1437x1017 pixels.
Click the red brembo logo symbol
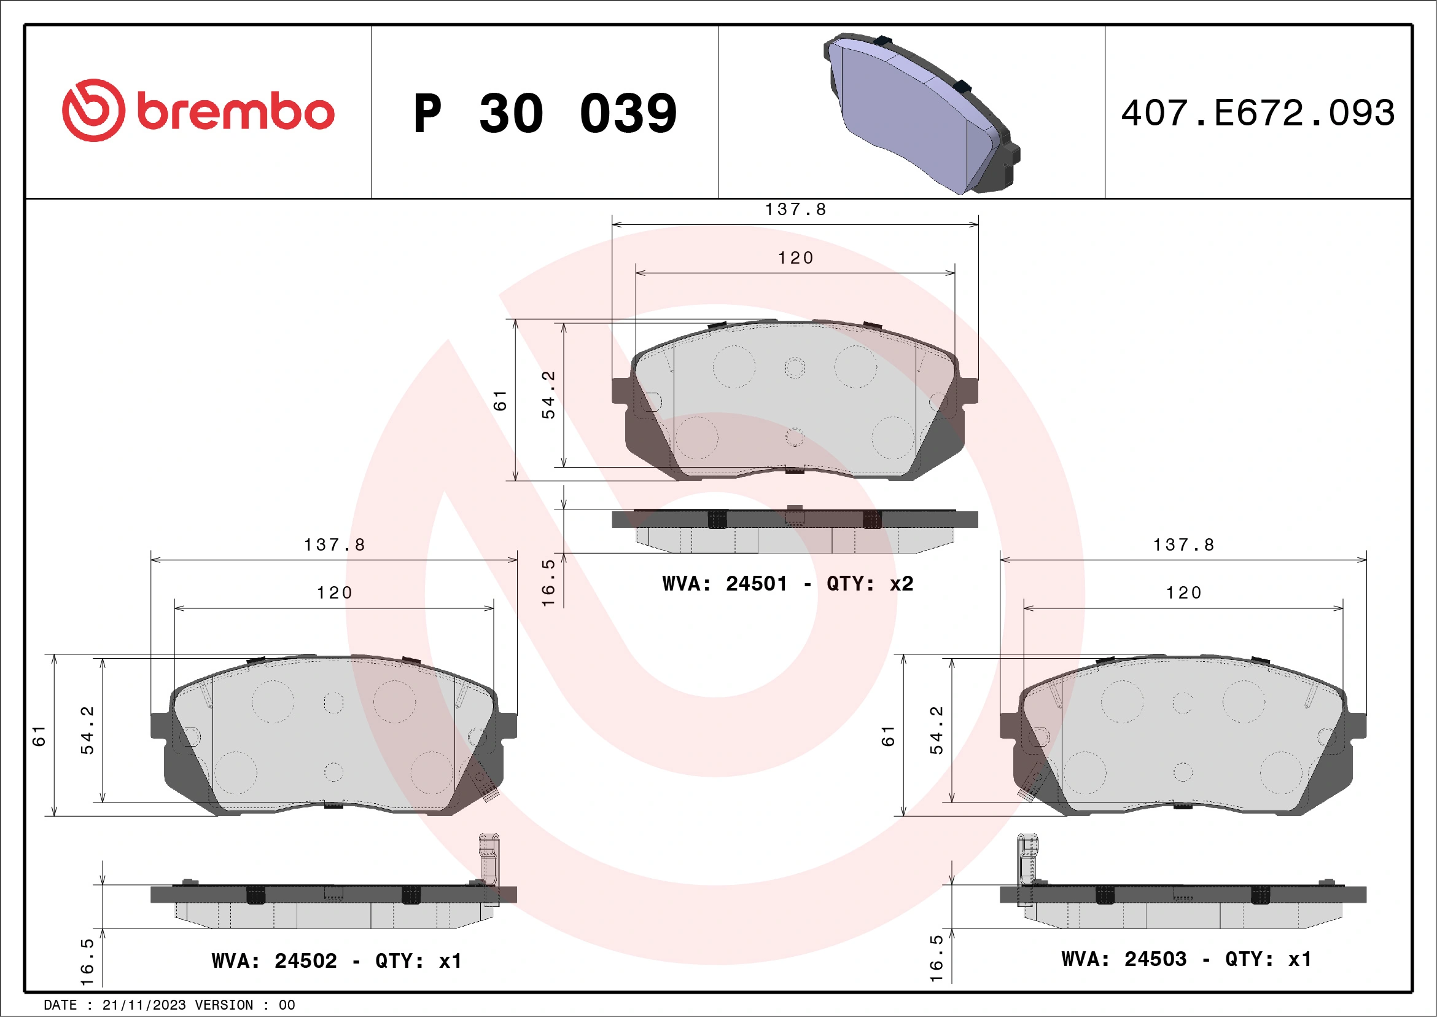click(93, 110)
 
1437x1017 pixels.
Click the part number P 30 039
click(545, 113)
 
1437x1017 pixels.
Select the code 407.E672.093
click(1258, 113)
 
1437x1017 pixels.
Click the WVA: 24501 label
click(724, 584)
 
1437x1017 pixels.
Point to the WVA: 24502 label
click(274, 960)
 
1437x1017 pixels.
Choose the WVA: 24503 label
click(1123, 959)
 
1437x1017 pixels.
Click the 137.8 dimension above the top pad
click(795, 209)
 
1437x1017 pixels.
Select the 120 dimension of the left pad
click(334, 592)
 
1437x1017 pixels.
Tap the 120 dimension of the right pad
click(1183, 592)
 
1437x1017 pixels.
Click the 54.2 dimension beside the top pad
click(548, 395)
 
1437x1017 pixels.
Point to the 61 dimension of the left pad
click(39, 736)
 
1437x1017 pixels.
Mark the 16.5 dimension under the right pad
click(936, 957)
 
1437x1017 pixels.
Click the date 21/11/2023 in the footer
click(144, 1005)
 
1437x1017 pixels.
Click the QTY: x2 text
click(870, 584)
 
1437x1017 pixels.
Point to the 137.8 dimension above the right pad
click(1183, 545)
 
